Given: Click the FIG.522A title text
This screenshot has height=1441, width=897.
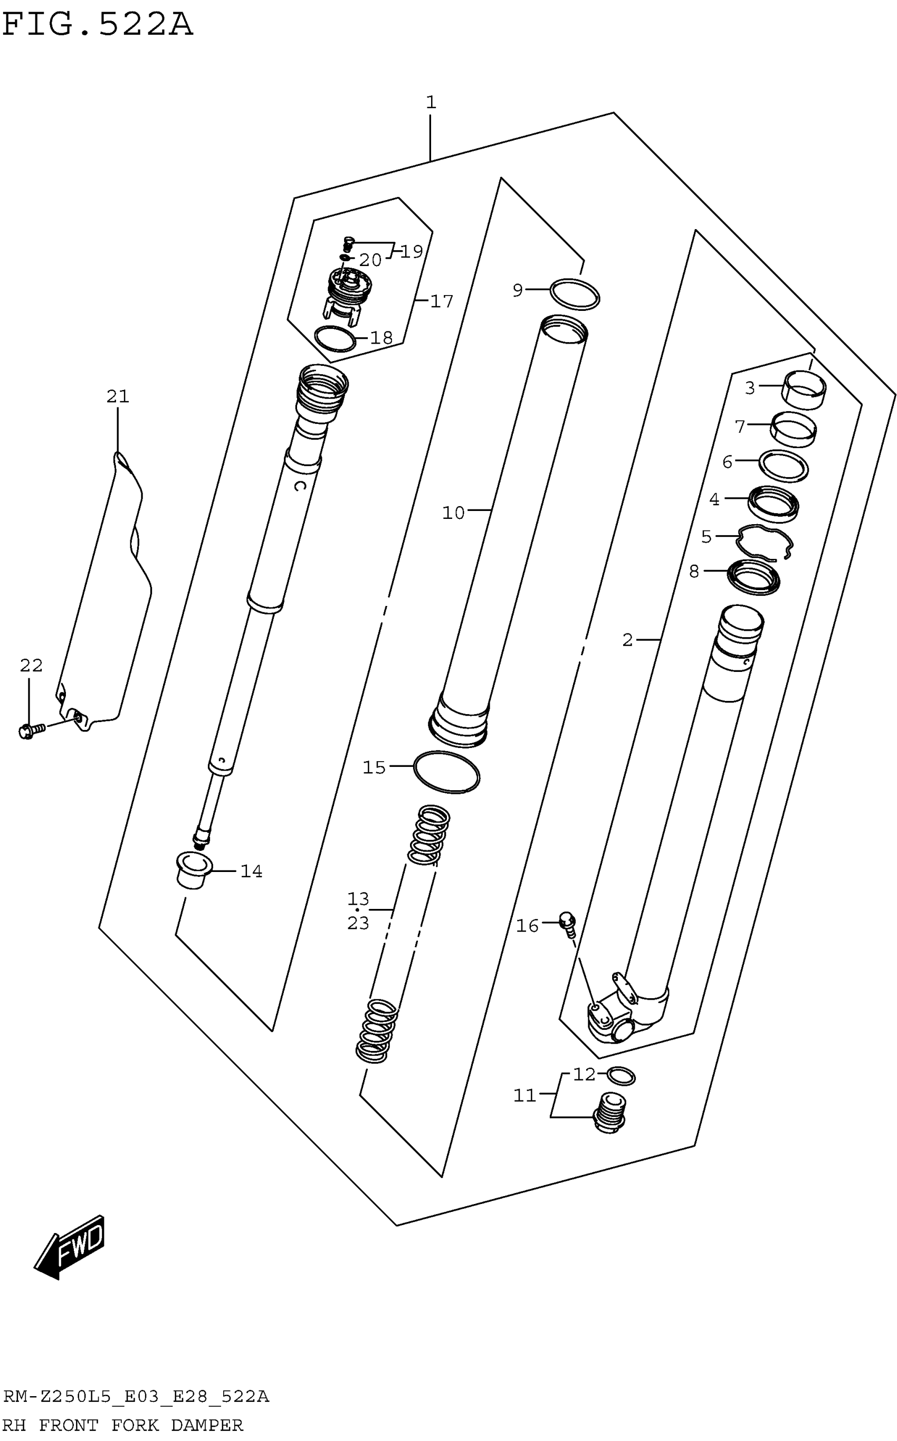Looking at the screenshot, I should pos(98,25).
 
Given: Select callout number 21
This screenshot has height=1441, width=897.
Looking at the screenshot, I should pos(118,396).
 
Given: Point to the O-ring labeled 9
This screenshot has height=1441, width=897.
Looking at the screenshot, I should pos(574,294).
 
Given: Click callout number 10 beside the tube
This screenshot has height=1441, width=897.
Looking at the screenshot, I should pos(453,513).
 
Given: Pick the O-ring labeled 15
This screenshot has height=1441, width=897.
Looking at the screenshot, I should pos(447,772).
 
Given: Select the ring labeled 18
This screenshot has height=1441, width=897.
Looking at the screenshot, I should pos(335,339).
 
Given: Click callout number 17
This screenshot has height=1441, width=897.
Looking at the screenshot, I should pos(442,301).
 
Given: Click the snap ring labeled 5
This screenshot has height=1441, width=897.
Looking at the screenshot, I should pos(764,543).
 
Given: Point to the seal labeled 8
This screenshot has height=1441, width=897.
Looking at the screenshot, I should pos(753,577).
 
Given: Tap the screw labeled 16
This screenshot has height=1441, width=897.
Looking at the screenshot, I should pos(568,922).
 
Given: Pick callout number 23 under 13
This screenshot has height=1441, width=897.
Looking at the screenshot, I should pos(358,924).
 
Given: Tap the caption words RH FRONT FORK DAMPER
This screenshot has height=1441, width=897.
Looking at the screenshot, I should pos(123,1425).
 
